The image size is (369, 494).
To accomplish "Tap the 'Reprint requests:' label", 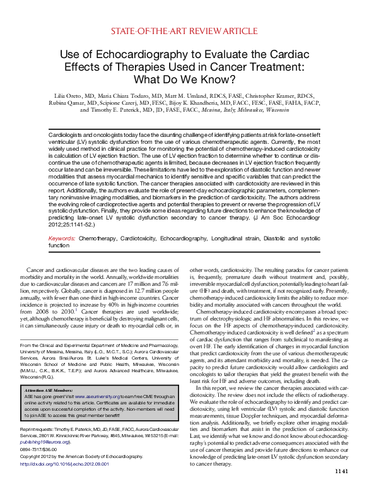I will tap(36, 445).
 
